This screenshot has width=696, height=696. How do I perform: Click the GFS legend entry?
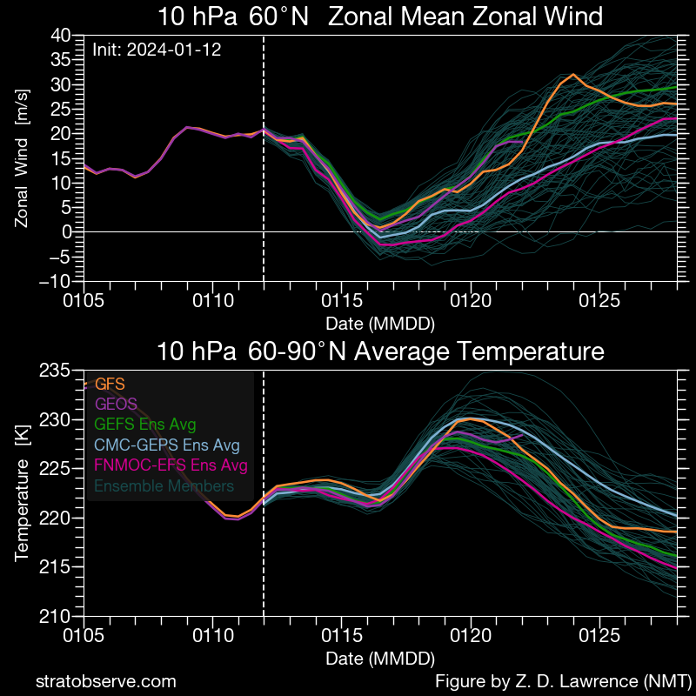[110, 383]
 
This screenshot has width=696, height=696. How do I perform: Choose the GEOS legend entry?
[116, 404]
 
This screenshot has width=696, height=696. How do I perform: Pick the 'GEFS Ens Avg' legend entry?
[145, 425]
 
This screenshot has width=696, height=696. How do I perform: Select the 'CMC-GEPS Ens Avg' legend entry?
[167, 445]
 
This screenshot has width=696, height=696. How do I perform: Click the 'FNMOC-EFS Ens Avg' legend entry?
[171, 465]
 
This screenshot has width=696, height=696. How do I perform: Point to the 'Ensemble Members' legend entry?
[164, 486]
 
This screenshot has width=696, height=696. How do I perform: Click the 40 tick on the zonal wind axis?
[60, 36]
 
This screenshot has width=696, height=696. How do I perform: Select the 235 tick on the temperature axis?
[55, 371]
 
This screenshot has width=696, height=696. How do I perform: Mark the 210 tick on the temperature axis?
[55, 617]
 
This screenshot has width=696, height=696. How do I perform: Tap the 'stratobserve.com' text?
[105, 681]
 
